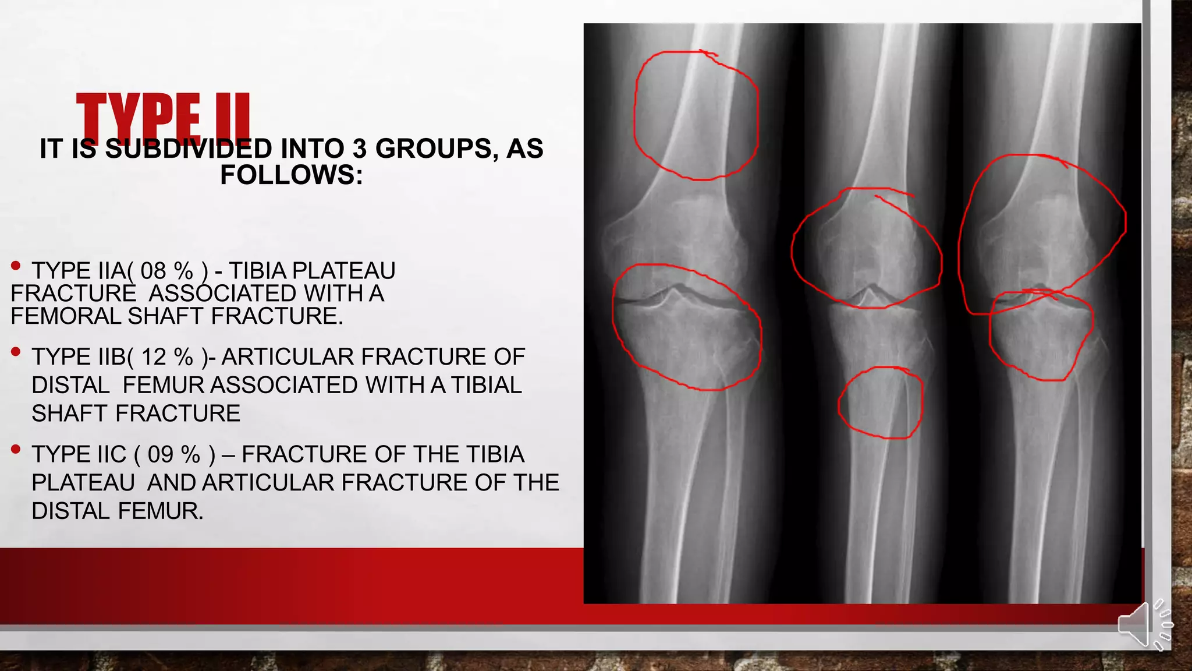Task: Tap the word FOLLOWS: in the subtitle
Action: pyautogui.click(x=292, y=175)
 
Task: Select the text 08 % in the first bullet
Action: pyautogui.click(x=166, y=271)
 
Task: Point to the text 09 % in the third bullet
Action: pyautogui.click(x=173, y=454)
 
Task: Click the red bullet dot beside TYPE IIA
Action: pyautogui.click(x=16, y=266)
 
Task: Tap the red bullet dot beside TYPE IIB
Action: pyautogui.click(x=16, y=352)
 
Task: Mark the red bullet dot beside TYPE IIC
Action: pyautogui.click(x=16, y=449)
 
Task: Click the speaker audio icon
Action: pyautogui.click(x=1144, y=625)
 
